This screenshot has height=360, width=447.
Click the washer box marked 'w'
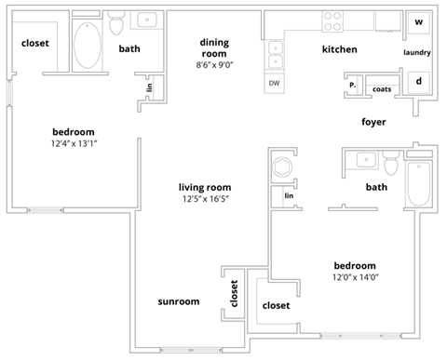point(418,21)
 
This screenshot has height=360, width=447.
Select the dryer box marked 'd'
point(418,81)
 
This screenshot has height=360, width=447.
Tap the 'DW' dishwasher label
point(274,83)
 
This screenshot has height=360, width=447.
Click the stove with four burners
point(333,20)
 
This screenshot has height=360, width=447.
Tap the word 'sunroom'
point(178,301)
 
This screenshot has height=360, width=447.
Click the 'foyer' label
point(374,122)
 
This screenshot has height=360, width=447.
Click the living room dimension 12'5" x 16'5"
point(204,198)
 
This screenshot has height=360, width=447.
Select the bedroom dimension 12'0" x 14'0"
point(355,276)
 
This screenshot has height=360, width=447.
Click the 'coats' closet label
point(382,89)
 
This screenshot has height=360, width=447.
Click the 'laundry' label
point(417,52)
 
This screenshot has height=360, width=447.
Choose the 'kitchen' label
point(339,48)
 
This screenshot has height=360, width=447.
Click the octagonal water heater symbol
point(282,167)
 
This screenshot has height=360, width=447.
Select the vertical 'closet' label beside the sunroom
point(234,297)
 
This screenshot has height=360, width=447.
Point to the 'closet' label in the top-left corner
point(34,43)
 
